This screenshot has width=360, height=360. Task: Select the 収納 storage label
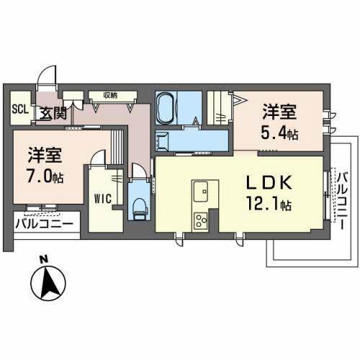(x=109, y=94)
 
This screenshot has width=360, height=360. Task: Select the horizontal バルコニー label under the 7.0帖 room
(x=44, y=223)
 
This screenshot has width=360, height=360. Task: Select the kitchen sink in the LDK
(x=201, y=192)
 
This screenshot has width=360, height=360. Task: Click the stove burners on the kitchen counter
(x=199, y=220)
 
